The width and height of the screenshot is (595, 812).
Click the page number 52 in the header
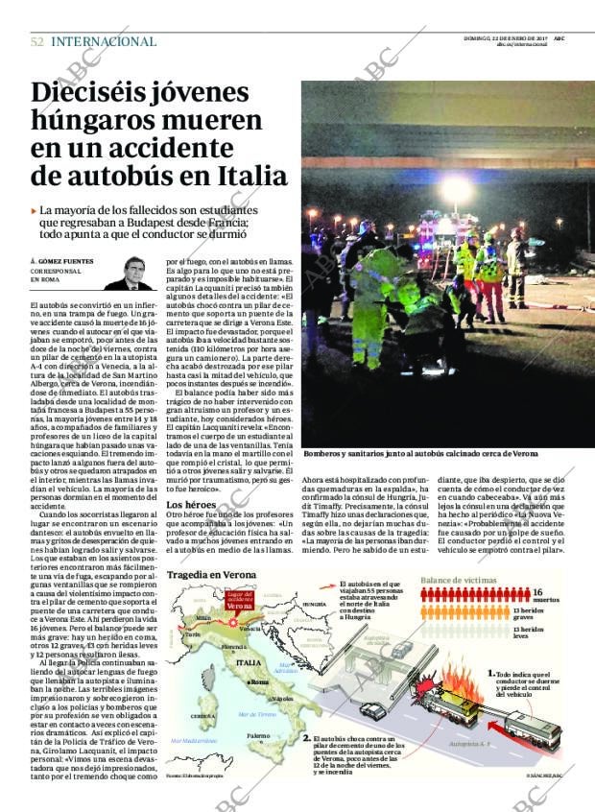click(x=36, y=41)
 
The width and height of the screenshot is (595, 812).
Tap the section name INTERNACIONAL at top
click(x=104, y=41)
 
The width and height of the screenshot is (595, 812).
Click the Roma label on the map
click(x=258, y=682)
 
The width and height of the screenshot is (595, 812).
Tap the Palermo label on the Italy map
click(x=257, y=736)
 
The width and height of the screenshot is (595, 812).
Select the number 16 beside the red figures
click(x=538, y=592)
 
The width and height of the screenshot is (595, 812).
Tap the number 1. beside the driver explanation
click(x=491, y=674)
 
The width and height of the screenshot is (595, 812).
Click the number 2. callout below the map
click(x=306, y=738)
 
